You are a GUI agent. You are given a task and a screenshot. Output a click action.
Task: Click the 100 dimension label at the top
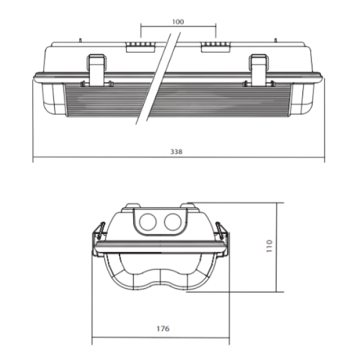(178, 22)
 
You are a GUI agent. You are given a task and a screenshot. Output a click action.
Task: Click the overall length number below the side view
(176, 153)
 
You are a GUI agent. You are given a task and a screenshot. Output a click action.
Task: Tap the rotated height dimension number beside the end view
(269, 246)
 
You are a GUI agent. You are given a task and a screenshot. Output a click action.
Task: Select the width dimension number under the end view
(161, 329)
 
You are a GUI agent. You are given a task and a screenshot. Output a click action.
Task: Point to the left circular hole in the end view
(146, 223)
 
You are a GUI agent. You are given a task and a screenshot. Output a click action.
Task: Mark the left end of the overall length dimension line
(33, 159)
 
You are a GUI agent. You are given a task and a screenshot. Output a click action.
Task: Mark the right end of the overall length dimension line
(325, 159)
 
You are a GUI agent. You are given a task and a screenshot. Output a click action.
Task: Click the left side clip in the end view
(97, 240)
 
